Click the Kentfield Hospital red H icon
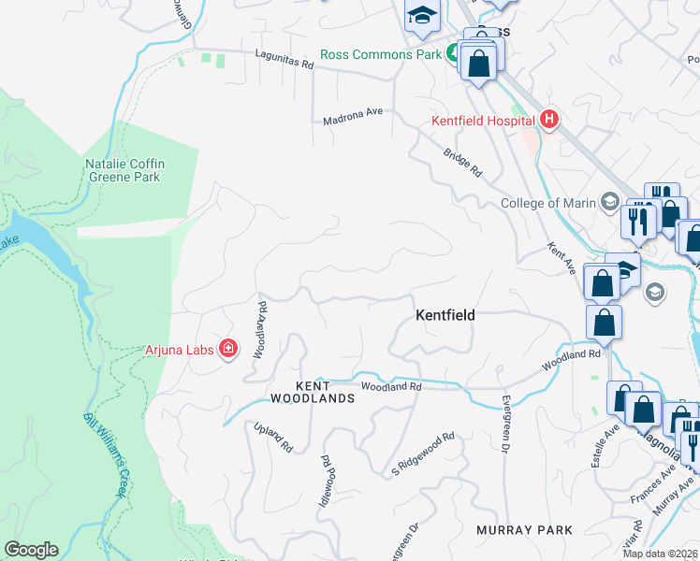[548, 120]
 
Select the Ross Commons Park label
[380, 54]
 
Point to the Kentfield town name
[445, 316]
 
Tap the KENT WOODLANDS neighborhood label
[312, 392]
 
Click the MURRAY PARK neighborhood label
[524, 530]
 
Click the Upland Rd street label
[273, 437]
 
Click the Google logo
[31, 550]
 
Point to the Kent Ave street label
[561, 259]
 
